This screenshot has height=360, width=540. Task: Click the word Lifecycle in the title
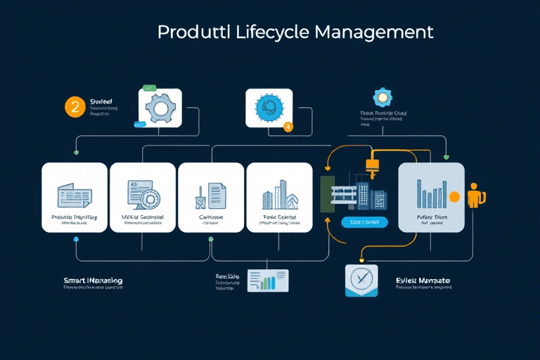tap(271, 32)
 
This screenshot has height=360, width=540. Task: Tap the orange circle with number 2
tap(75, 107)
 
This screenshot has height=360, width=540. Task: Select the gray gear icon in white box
tap(160, 108)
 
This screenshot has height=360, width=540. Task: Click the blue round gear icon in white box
tap(268, 108)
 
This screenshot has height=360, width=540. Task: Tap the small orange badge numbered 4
tap(288, 127)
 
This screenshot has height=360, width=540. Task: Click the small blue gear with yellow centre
tap(383, 97)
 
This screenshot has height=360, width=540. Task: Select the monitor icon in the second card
tap(142, 194)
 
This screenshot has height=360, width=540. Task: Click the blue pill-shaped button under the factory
tap(364, 222)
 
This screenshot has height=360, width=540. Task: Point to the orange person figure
tap(476, 194)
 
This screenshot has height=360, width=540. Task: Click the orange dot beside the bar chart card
tap(454, 196)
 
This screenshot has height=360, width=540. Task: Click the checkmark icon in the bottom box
tap(361, 281)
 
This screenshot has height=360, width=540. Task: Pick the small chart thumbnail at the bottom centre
tap(267, 281)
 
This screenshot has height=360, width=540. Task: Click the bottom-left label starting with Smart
tap(93, 281)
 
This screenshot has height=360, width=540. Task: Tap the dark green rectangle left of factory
tap(328, 193)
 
